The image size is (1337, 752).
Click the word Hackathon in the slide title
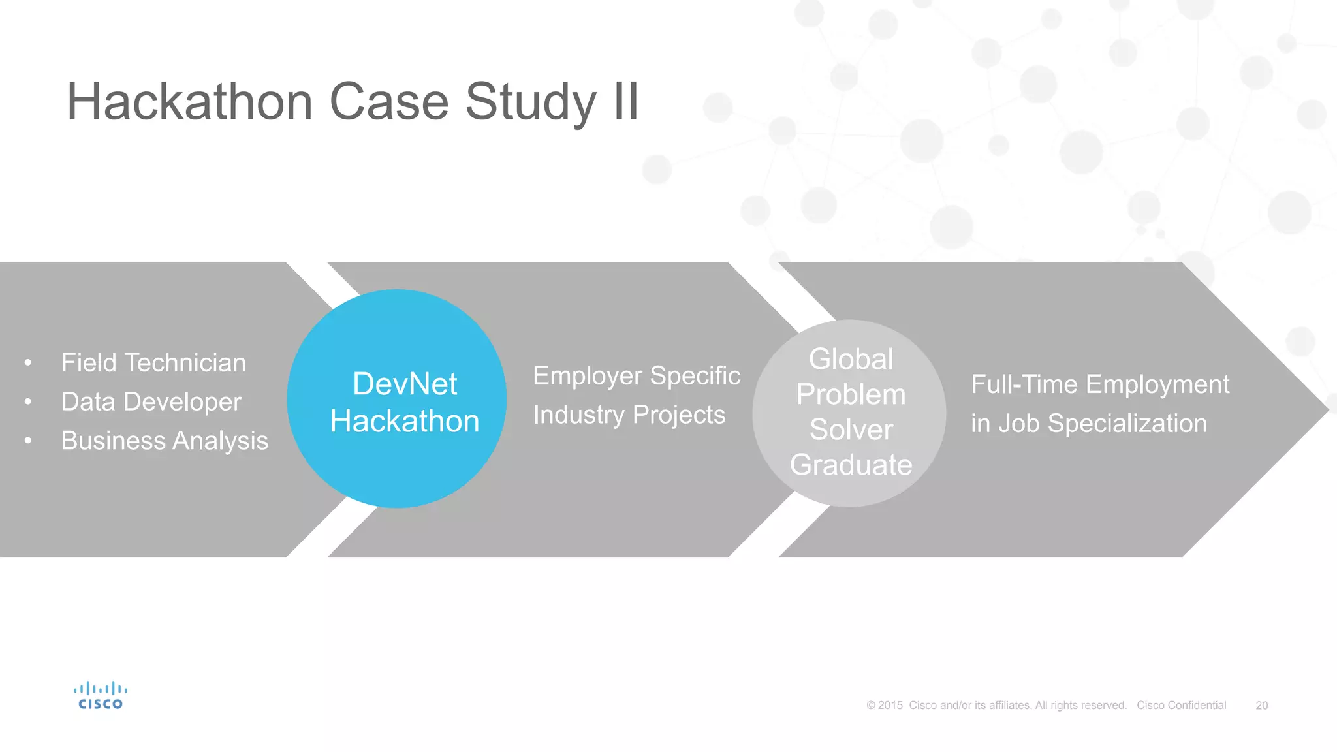(190, 102)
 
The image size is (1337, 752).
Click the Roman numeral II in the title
(625, 102)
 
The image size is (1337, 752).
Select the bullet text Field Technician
(153, 363)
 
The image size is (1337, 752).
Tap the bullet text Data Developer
(151, 402)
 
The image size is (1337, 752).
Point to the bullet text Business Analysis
(165, 441)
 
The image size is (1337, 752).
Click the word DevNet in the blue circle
(405, 384)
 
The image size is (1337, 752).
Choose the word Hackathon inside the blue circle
(405, 422)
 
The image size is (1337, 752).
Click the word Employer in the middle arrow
(588, 377)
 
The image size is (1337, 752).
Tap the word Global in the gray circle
(851, 359)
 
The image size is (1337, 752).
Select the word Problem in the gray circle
(851, 394)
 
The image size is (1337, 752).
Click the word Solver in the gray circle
(851, 430)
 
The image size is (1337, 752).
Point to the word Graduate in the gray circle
(851, 465)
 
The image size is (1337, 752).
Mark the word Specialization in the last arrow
(1127, 424)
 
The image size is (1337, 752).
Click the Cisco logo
(101, 696)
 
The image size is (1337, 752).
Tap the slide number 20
(1261, 706)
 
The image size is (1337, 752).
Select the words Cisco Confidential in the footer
(1181, 706)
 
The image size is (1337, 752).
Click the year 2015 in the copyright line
(890, 706)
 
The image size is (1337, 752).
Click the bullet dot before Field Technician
(28, 363)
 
